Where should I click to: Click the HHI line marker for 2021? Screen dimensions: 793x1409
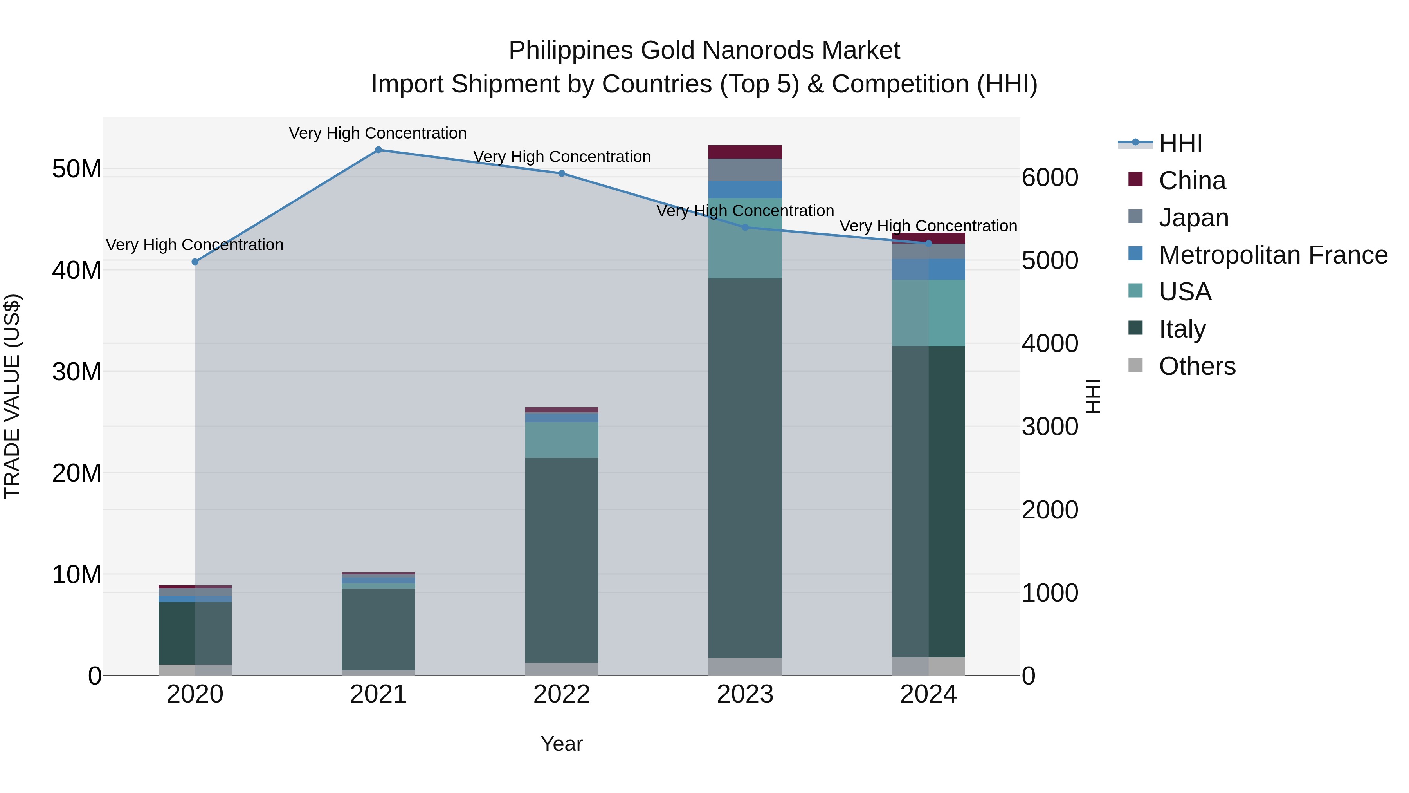pos(378,150)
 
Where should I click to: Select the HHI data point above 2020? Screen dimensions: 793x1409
pos(195,262)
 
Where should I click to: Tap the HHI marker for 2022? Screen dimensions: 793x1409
pos(561,173)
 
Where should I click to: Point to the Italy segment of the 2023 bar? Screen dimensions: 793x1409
pos(744,468)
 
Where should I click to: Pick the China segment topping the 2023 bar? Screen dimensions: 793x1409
pos(744,152)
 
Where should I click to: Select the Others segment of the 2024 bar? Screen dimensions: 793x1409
pos(928,666)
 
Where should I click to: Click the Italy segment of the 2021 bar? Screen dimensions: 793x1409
pos(378,629)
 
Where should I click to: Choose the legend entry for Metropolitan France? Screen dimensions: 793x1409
pos(1272,255)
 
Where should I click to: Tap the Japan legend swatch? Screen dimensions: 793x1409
pos(1135,216)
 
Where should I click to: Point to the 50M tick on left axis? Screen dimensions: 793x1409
pos(77,169)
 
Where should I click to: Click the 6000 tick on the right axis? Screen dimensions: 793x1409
pos(1049,178)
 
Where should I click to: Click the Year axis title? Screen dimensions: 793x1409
pos(561,744)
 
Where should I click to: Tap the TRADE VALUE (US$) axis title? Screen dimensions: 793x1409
pos(12,396)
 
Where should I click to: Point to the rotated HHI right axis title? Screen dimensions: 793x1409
pos(1092,396)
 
